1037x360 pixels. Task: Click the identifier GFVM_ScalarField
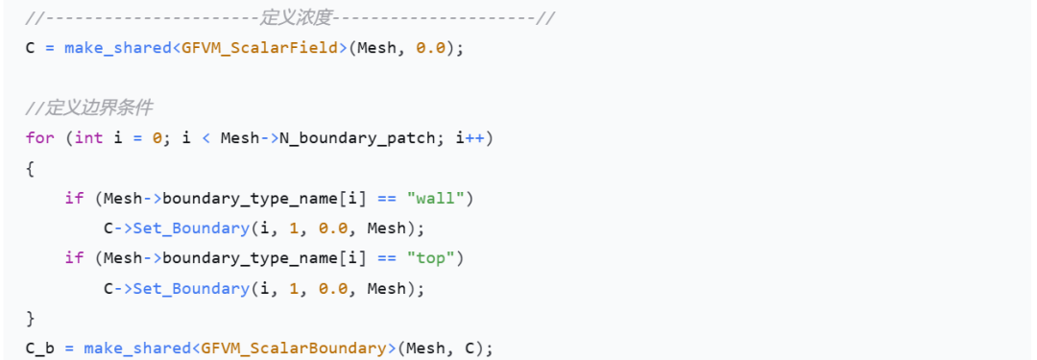pyautogui.click(x=259, y=48)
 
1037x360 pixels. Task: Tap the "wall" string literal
pyautogui.click(x=436, y=198)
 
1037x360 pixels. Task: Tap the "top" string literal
pyautogui.click(x=431, y=258)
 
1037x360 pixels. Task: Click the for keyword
pyautogui.click(x=39, y=137)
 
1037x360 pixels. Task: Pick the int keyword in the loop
pyautogui.click(x=89, y=137)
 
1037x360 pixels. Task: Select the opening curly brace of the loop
pyautogui.click(x=30, y=168)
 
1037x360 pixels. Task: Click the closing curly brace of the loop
pyautogui.click(x=30, y=319)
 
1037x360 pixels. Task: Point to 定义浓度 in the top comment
pyautogui.click(x=296, y=18)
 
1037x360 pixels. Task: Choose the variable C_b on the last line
pyautogui.click(x=39, y=348)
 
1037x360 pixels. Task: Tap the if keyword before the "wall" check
pyautogui.click(x=74, y=198)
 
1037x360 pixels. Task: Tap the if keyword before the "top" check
pyautogui.click(x=74, y=258)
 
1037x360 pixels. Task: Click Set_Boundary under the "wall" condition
pyautogui.click(x=190, y=228)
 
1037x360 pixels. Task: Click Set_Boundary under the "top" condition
pyautogui.click(x=190, y=289)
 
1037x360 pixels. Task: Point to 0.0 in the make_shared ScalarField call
pyautogui.click(x=430, y=48)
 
